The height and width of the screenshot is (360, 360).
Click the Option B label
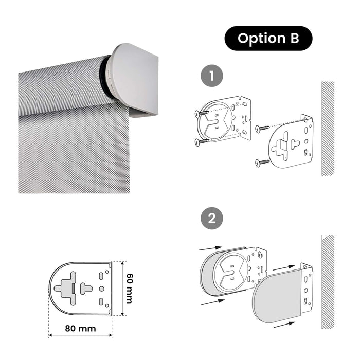pyautogui.click(x=268, y=39)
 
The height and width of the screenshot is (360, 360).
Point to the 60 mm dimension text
pyautogui.click(x=129, y=288)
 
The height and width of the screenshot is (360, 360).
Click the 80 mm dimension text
pyautogui.click(x=80, y=327)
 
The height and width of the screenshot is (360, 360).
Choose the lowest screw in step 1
pyautogui.click(x=263, y=163)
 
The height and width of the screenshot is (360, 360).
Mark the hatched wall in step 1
pyautogui.click(x=328, y=129)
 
